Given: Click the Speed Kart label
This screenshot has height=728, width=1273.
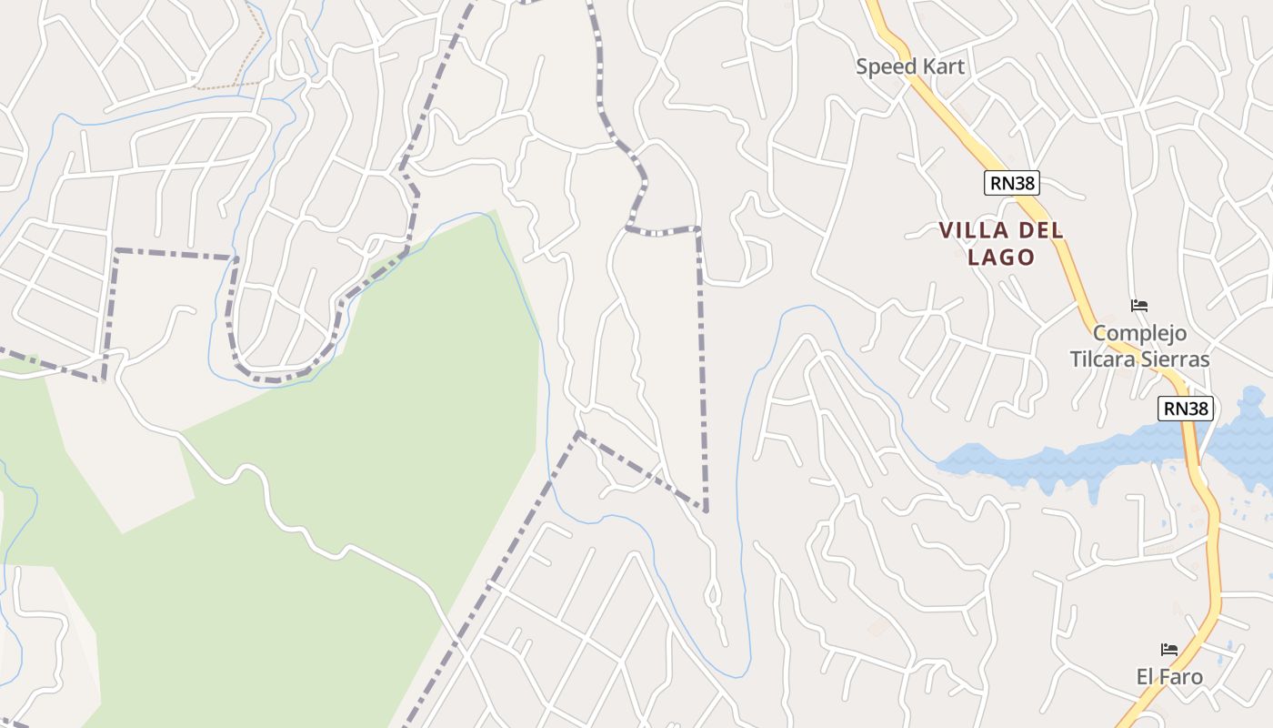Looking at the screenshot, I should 909,66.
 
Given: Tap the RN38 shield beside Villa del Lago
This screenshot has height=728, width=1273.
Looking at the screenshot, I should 1011,183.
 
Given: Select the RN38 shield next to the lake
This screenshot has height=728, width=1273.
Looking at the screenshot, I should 1186,409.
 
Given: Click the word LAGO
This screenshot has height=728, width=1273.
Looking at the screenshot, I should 1001,258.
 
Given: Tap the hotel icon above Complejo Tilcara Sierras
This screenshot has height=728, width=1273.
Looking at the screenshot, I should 1139,306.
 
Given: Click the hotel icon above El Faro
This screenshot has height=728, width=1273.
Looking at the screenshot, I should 1169,650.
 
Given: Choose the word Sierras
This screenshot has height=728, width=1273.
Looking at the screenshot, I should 1178,359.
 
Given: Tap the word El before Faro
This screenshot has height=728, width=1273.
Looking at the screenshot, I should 1146,677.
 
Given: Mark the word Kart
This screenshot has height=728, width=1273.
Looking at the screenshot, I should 943,66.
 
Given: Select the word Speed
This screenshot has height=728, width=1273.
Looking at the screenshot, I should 887,66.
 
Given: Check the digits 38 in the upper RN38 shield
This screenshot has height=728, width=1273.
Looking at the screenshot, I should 1024,183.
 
